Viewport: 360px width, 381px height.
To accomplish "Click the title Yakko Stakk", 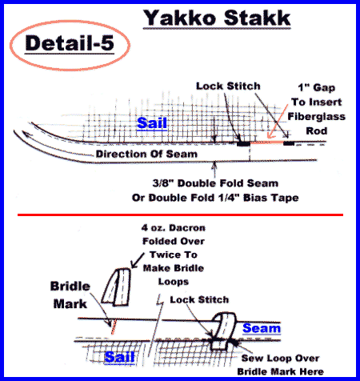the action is (x=217, y=18).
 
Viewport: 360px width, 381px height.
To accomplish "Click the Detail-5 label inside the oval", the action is (x=70, y=43).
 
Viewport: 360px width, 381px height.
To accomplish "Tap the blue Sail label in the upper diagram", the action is (x=152, y=123).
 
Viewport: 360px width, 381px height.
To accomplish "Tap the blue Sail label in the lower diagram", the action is (x=119, y=357).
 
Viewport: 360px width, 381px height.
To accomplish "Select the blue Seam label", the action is (x=262, y=328).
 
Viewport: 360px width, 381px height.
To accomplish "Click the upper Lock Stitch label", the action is (x=228, y=86).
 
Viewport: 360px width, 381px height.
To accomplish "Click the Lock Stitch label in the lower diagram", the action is (x=199, y=299).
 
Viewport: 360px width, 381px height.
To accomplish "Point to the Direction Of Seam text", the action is (x=146, y=154).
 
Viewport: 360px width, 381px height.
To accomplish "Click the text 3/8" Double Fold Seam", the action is (x=215, y=183).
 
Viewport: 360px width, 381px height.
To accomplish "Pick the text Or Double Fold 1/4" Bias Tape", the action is (x=215, y=198).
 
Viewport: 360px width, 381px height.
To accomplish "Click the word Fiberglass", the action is (x=316, y=117).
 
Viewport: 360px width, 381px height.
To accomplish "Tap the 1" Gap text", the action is (x=317, y=87).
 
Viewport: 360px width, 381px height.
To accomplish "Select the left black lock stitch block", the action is (x=243, y=143).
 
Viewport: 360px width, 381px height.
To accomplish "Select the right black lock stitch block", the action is (x=289, y=143).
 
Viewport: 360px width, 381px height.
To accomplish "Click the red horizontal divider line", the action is (x=180, y=215).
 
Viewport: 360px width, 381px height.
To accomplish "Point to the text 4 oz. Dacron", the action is (x=174, y=228).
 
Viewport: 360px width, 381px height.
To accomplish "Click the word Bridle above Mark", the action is (x=70, y=287).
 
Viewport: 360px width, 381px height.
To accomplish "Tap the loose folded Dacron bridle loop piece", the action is (x=117, y=287).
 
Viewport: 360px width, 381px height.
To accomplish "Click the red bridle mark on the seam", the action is (x=114, y=327).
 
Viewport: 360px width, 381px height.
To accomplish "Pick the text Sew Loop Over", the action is (x=280, y=358).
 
